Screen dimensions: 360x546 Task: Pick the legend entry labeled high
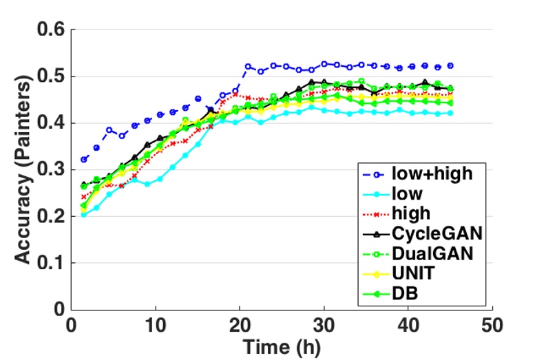tap(414, 215)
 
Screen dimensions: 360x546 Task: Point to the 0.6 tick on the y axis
tap(51, 30)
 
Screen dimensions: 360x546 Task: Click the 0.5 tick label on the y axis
tap(51, 76)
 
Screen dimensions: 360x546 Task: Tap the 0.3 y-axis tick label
tap(51, 169)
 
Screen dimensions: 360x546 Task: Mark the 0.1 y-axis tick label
tap(51, 263)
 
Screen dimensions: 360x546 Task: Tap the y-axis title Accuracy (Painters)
tap(23, 169)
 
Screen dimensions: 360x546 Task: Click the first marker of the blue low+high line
tap(84, 160)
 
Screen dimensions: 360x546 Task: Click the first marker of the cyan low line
tap(84, 215)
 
